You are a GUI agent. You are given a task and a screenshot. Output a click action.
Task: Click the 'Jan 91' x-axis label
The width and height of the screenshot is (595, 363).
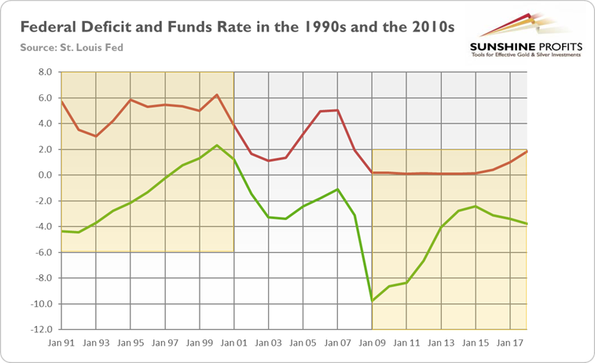click(x=61, y=343)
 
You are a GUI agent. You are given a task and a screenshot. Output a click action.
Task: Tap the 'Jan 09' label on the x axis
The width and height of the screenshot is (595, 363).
click(x=372, y=343)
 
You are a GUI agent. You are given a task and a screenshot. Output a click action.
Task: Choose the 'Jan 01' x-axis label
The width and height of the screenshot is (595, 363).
click(x=233, y=343)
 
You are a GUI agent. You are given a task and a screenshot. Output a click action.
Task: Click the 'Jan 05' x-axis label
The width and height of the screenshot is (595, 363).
click(x=303, y=343)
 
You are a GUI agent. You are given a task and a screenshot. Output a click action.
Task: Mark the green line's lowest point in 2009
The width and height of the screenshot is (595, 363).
click(x=372, y=301)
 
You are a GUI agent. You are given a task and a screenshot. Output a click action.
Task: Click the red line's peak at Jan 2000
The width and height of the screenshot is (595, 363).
click(x=217, y=95)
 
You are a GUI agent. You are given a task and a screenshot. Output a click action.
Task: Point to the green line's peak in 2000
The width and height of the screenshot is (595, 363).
click(x=217, y=145)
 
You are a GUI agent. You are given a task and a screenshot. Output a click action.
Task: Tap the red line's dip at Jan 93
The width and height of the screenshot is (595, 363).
click(x=95, y=136)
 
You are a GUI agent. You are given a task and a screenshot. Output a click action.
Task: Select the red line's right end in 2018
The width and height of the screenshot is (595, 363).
click(x=527, y=151)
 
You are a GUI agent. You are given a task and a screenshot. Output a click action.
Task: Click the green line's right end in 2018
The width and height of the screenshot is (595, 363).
click(x=527, y=224)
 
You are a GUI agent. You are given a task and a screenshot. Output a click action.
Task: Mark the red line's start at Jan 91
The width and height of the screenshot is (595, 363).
click(x=61, y=101)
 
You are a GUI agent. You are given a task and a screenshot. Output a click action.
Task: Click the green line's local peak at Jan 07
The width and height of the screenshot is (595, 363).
click(x=337, y=189)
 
